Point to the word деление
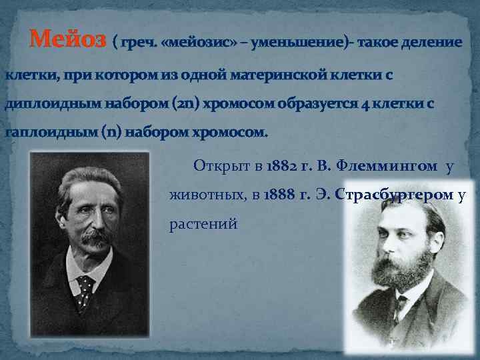pos(430,43)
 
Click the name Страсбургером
pos(396,195)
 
